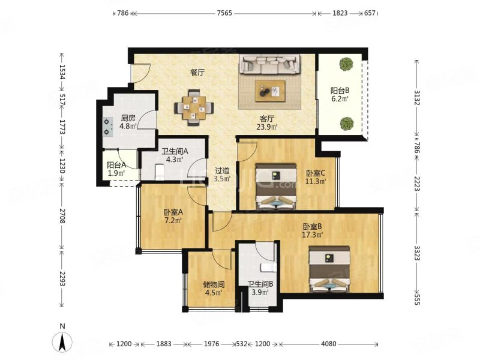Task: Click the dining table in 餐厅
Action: coord(194,108)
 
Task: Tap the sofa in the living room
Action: coord(269,64)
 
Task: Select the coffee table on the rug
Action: coord(270,91)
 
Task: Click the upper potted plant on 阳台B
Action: coord(346,64)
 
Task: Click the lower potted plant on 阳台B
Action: coord(347,124)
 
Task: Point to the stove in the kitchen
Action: coord(107,127)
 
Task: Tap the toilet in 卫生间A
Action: coord(160,172)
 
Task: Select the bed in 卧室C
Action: coord(276,186)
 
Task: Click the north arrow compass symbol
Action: coord(62,341)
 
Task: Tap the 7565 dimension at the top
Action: coord(224,13)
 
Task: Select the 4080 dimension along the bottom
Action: coord(328,344)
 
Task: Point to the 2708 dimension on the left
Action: coord(62,216)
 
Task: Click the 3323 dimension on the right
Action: coord(416,253)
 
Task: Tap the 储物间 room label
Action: coord(214,284)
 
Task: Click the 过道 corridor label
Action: coord(222,171)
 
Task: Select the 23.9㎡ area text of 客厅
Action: coord(267,127)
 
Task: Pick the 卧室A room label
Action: coord(173,212)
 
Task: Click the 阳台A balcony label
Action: coord(116,166)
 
